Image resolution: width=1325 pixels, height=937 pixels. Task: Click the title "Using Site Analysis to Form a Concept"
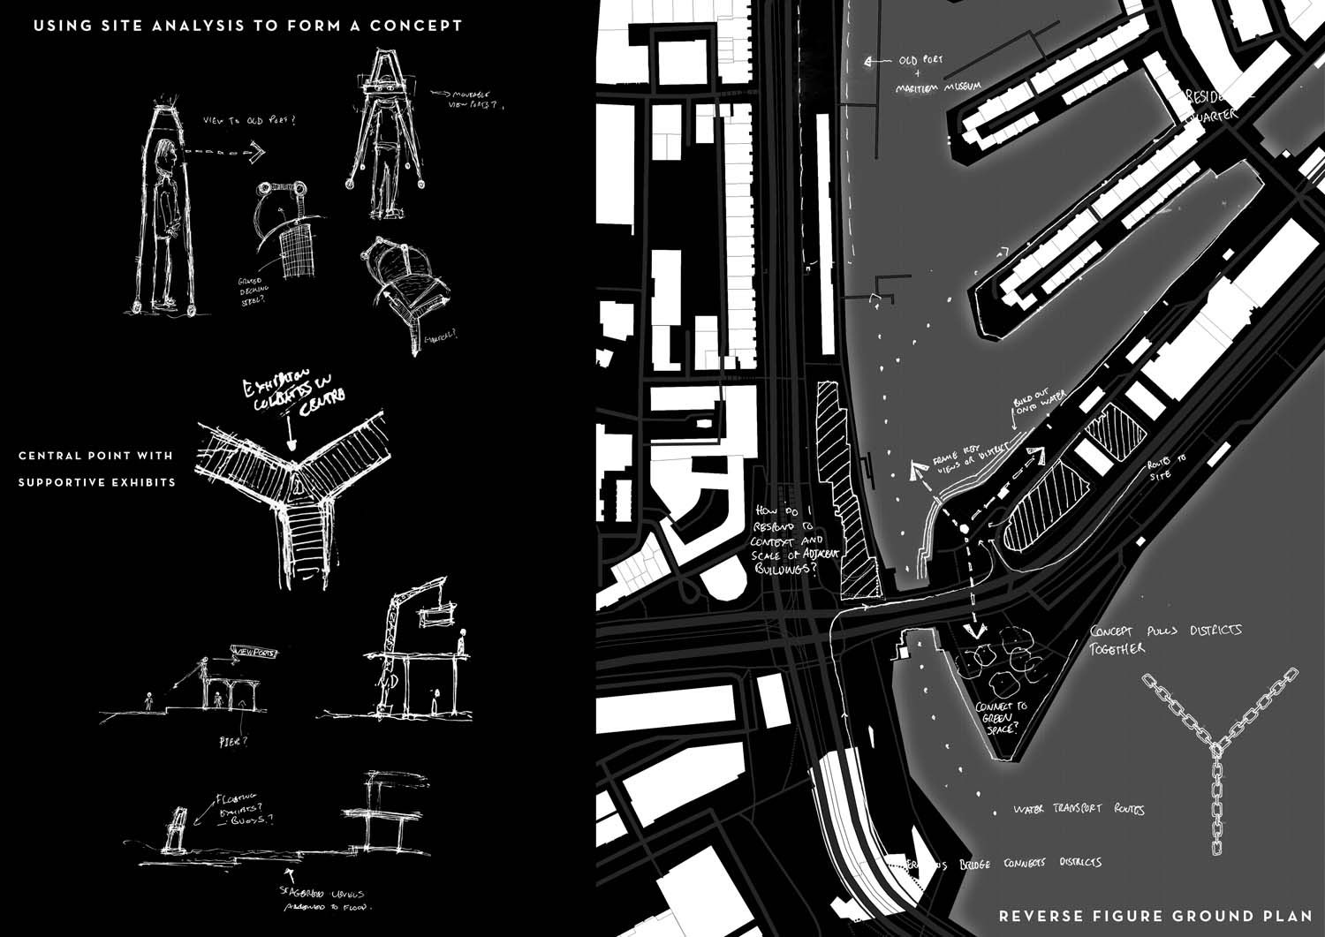(x=247, y=26)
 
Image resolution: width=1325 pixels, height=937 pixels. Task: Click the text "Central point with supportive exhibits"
(x=96, y=469)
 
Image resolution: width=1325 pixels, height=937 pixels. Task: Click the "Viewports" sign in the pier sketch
(x=253, y=654)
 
